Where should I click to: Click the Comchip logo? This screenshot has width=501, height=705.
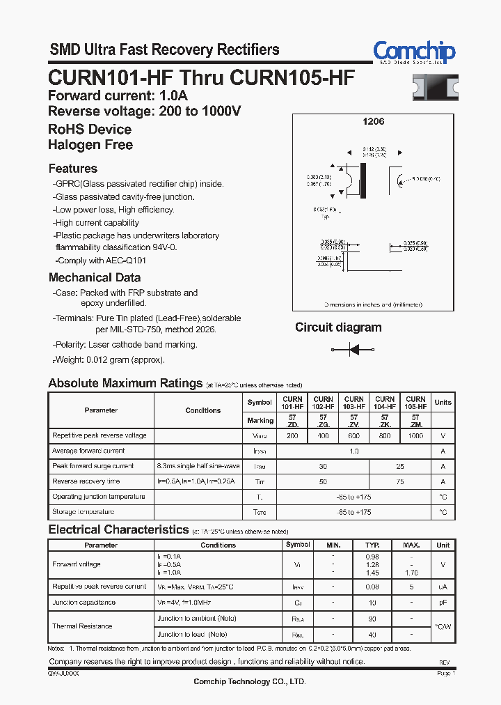(x=414, y=52)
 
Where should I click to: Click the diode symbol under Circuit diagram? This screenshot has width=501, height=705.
(x=353, y=349)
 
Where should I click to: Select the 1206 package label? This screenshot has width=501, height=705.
(x=373, y=121)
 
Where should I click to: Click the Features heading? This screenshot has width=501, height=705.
(x=73, y=169)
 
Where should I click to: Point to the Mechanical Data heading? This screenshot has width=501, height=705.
(x=95, y=277)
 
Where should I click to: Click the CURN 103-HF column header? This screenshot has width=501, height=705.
(x=353, y=403)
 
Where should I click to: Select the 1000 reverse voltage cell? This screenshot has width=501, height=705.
(x=415, y=435)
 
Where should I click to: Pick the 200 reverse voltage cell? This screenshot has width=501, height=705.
(x=292, y=435)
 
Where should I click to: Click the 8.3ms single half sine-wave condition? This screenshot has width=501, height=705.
(x=198, y=466)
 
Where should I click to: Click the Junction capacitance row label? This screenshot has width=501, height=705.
(x=84, y=602)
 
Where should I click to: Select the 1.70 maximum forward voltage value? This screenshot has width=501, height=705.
(x=411, y=572)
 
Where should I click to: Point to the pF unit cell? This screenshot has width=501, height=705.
(x=443, y=602)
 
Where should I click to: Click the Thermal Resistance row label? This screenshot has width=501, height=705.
(x=82, y=626)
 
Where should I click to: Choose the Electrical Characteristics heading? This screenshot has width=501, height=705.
(x=118, y=530)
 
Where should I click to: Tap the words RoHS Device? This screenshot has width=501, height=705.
(x=90, y=130)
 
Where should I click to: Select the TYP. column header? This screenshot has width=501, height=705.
(x=373, y=545)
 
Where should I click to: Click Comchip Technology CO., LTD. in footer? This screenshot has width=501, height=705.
(x=249, y=681)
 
